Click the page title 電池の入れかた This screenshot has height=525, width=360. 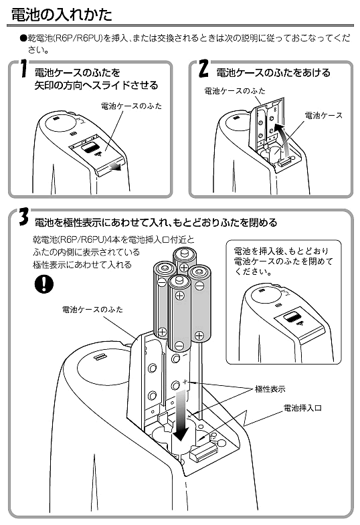pyautogui.click(x=62, y=15)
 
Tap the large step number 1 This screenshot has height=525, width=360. pyautogui.click(x=23, y=70)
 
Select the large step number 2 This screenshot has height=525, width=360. pyautogui.click(x=203, y=69)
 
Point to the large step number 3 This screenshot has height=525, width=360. pyautogui.click(x=23, y=217)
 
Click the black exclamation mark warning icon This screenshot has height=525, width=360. pyautogui.click(x=44, y=284)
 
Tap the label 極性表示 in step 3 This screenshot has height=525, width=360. pyautogui.click(x=270, y=389)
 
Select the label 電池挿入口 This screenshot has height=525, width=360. pyautogui.click(x=302, y=408)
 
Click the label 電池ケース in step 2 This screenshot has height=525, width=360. pyautogui.click(x=323, y=116)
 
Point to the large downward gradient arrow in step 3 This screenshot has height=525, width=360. pyautogui.click(x=181, y=416)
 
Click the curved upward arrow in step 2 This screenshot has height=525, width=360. pyautogui.click(x=281, y=137)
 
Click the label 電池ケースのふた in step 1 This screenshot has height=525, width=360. pyautogui.click(x=131, y=106)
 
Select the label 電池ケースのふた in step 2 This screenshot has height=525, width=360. pyautogui.click(x=235, y=91)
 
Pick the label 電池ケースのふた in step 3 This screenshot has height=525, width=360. pyautogui.click(x=92, y=309)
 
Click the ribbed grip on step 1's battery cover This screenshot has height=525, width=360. pyautogui.click(x=90, y=147)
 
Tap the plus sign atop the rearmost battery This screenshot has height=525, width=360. pyautogui.click(x=183, y=268)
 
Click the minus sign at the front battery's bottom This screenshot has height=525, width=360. pyautogui.click(x=179, y=345)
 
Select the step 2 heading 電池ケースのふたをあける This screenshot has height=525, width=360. pyautogui.click(x=273, y=73)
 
